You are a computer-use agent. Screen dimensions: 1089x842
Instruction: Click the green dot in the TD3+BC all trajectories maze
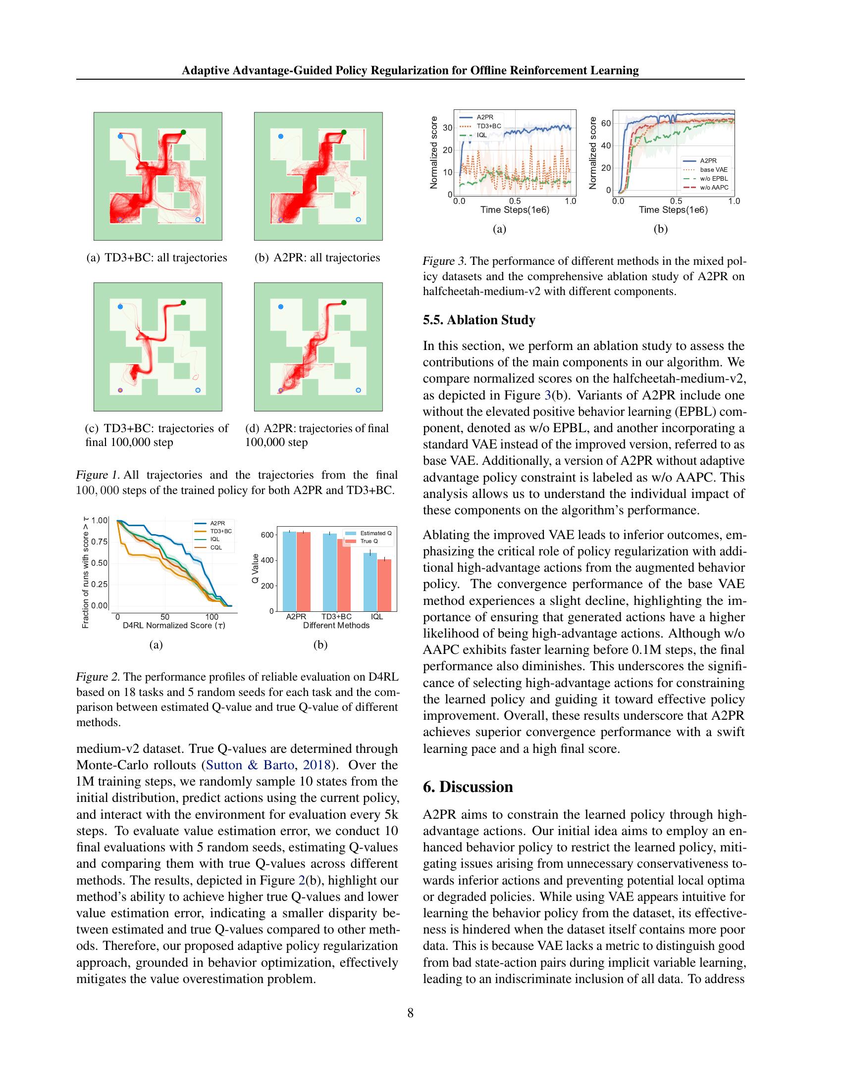click(184, 132)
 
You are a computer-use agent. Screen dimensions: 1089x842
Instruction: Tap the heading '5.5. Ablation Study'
click(479, 320)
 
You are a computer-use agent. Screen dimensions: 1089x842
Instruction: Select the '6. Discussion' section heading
click(468, 787)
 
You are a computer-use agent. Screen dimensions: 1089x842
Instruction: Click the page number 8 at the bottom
click(410, 1013)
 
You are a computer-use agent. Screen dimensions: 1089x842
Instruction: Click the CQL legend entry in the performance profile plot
click(215, 547)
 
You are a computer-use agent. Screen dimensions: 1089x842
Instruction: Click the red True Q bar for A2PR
click(303, 571)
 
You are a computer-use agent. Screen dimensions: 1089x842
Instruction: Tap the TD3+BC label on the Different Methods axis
click(336, 617)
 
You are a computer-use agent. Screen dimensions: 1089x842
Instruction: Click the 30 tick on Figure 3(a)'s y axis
click(447, 128)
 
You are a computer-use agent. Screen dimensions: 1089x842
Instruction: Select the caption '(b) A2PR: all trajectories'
click(317, 258)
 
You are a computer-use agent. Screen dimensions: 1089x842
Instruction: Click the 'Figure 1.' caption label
click(97, 475)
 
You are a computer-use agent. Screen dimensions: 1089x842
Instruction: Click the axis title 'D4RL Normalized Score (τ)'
click(174, 625)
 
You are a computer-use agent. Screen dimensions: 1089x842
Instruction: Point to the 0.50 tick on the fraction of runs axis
click(100, 563)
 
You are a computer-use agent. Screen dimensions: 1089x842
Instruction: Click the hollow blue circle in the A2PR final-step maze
click(358, 391)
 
